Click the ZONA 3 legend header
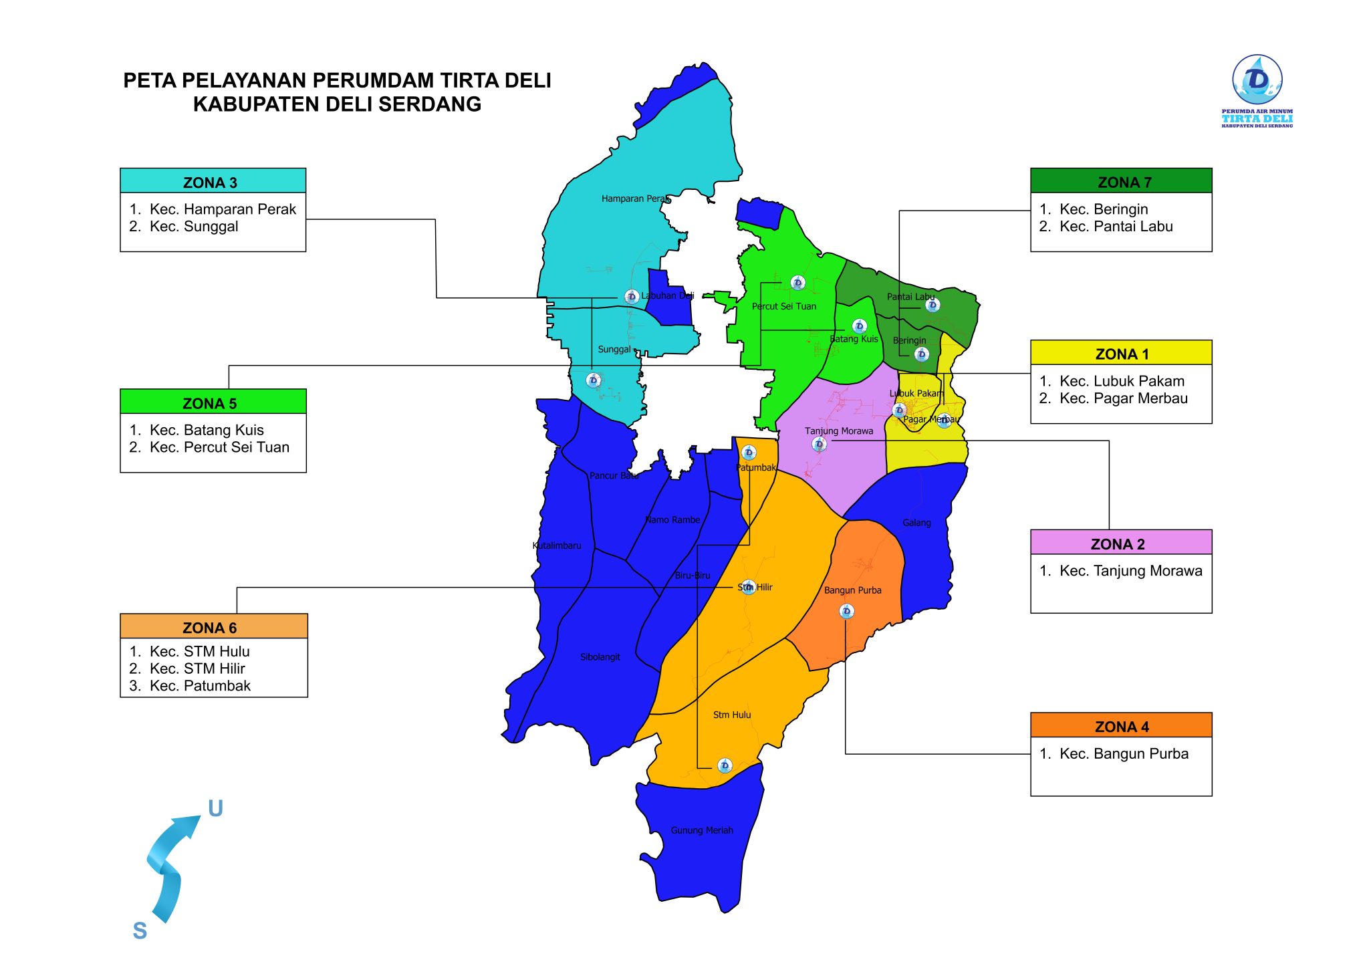[x=213, y=181]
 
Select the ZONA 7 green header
[x=1121, y=181]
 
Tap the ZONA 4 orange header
[x=1121, y=725]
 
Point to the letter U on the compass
[x=215, y=809]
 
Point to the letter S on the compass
[x=140, y=931]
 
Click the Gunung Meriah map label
[x=702, y=830]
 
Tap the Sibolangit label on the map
[x=600, y=657]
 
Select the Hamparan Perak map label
[x=635, y=199]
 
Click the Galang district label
[x=916, y=523]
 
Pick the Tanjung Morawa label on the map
[x=838, y=431]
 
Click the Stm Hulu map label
[x=732, y=715]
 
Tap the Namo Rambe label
[x=672, y=519]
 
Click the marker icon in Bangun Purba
[x=846, y=611]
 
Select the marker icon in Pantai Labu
[x=932, y=306]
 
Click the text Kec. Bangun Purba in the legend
[x=1124, y=754]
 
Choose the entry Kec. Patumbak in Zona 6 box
[x=200, y=686]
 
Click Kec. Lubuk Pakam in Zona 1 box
[x=1122, y=381]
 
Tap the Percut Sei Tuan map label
[x=783, y=306]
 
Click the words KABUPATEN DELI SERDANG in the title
[x=337, y=104]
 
